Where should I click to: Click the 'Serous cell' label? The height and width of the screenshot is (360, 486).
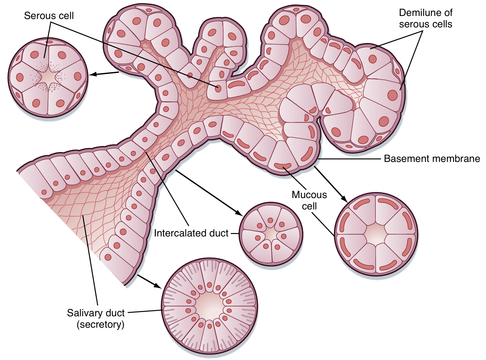49,16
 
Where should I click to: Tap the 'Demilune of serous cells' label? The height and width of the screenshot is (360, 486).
426,18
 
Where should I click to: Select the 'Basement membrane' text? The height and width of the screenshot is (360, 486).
432,159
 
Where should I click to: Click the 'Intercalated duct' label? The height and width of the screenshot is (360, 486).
191,233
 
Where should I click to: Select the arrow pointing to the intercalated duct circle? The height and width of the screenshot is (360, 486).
208,192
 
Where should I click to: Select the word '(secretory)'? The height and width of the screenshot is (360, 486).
101,325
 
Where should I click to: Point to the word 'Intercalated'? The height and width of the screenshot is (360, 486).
177,233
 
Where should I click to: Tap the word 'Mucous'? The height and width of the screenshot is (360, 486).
309,195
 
